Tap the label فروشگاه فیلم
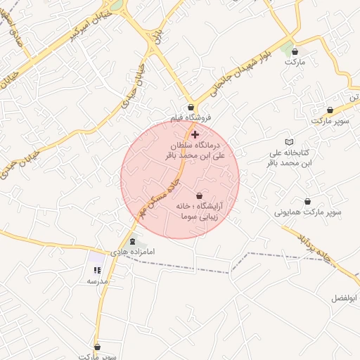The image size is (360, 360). (x=190, y=118)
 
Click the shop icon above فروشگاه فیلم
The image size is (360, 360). (x=191, y=108)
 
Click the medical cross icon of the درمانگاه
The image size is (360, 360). (x=195, y=134)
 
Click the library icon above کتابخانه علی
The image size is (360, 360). (x=289, y=142)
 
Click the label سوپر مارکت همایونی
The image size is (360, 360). (x=308, y=211)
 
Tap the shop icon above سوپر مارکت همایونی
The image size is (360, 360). (x=307, y=201)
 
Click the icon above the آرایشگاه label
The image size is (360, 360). (x=199, y=196)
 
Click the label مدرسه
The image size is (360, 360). (x=97, y=281)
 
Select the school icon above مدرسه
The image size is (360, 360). (x=96, y=270)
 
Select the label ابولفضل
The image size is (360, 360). (x=345, y=299)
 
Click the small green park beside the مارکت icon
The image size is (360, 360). (x=286, y=47)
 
